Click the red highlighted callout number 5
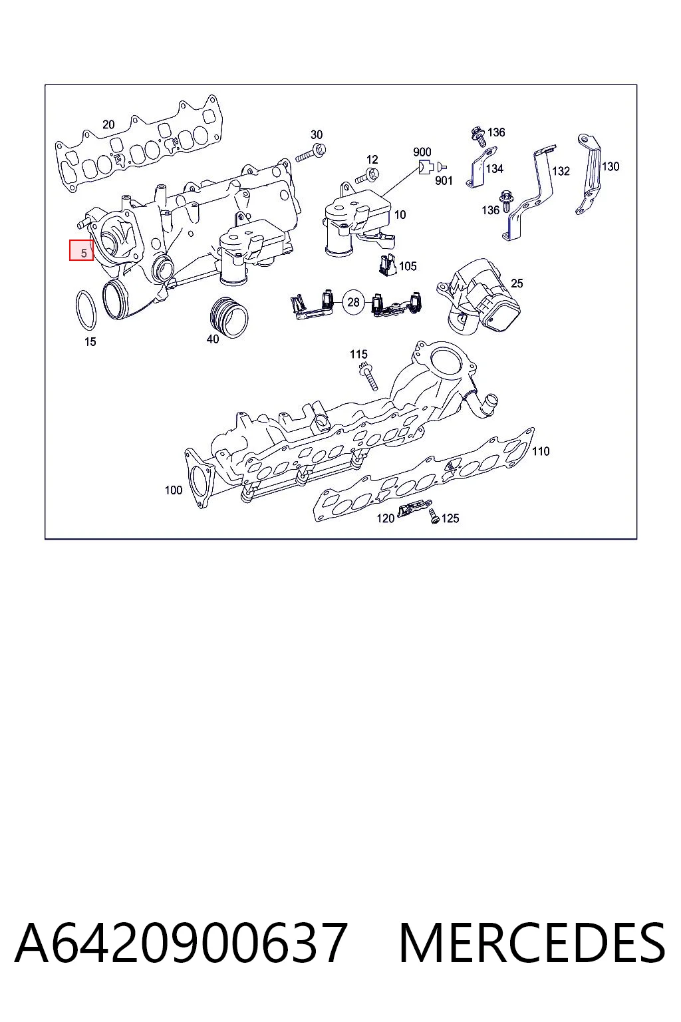point(82,250)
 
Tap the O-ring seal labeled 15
point(77,310)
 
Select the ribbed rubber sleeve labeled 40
point(229,317)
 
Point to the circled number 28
point(354,302)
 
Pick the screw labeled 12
point(368,176)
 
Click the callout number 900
point(422,152)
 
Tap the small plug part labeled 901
point(442,167)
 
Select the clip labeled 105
point(386,265)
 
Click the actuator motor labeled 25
point(479,296)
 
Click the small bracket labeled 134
point(481,167)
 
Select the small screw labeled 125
point(434,516)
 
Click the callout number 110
point(541,451)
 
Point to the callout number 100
point(174,490)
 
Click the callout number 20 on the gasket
point(108,124)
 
